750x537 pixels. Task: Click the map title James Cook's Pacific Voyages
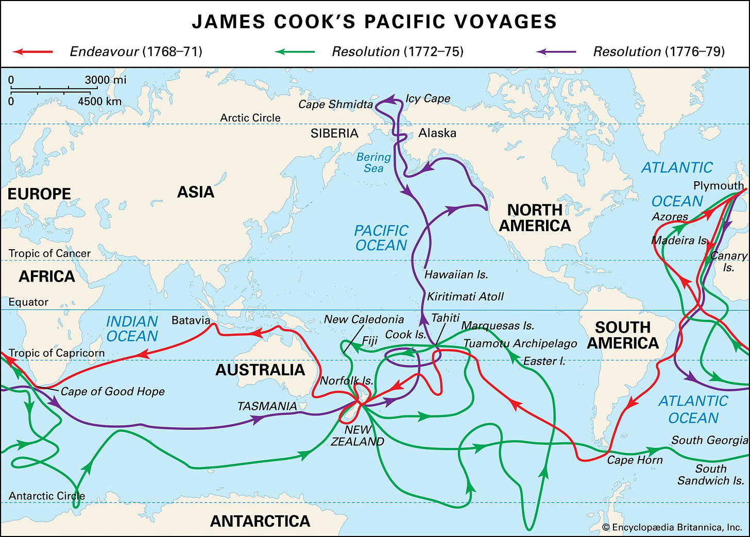(x=374, y=22)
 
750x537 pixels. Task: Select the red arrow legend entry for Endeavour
(x=32, y=51)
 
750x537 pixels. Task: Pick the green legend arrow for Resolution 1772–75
(x=294, y=51)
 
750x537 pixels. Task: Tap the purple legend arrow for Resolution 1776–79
(x=556, y=51)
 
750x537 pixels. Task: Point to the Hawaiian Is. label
(x=456, y=274)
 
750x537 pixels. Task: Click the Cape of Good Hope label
(x=113, y=391)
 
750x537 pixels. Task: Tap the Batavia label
(x=191, y=320)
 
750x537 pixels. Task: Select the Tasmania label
(x=267, y=406)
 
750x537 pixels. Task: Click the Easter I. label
(x=544, y=361)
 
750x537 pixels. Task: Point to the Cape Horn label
(x=635, y=460)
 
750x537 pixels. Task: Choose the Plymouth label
(x=718, y=185)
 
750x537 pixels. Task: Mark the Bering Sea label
(x=373, y=163)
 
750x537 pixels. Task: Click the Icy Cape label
(x=428, y=98)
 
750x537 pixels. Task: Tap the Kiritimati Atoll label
(x=465, y=297)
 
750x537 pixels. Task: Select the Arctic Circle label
(x=250, y=118)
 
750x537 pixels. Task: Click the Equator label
(x=28, y=302)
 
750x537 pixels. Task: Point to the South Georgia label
(x=709, y=440)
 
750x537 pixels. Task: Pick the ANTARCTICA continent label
(x=260, y=521)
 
